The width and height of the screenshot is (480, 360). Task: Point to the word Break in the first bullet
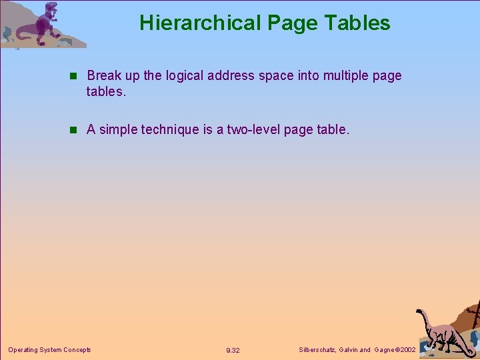pyautogui.click(x=105, y=76)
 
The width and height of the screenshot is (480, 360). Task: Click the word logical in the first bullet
pyautogui.click(x=184, y=76)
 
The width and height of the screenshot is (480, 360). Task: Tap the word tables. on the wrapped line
pyautogui.click(x=105, y=91)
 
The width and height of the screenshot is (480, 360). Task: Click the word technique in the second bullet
pyautogui.click(x=169, y=130)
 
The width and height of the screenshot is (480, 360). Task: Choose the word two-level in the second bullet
pyautogui.click(x=254, y=130)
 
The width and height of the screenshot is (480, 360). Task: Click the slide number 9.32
pyautogui.click(x=233, y=350)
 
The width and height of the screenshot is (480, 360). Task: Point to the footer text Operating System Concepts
pyautogui.click(x=49, y=349)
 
